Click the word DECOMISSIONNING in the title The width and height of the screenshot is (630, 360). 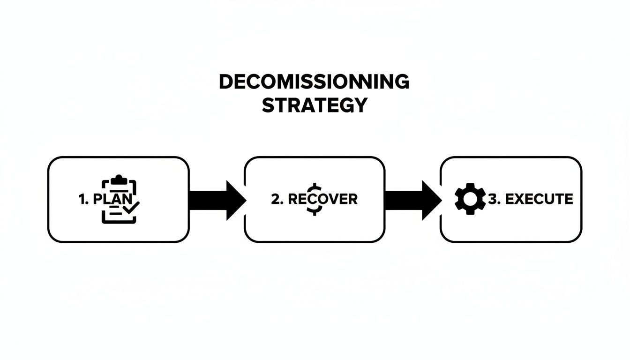[314, 82]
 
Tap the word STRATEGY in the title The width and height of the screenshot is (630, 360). [314, 105]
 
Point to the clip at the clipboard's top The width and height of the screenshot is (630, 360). [119, 179]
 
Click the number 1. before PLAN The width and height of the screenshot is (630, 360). [84, 199]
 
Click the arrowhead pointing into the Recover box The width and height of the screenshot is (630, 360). [236, 200]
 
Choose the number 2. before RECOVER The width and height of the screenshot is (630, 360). [277, 199]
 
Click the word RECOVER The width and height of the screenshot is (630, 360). [322, 199]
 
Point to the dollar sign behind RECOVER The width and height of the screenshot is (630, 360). [313, 199]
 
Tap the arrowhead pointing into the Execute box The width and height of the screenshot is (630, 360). [431, 200]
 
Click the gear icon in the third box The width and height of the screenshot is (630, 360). [470, 199]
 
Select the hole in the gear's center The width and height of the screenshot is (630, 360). [470, 199]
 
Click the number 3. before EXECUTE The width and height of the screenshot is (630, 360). [495, 199]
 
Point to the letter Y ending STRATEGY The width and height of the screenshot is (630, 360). [360, 105]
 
